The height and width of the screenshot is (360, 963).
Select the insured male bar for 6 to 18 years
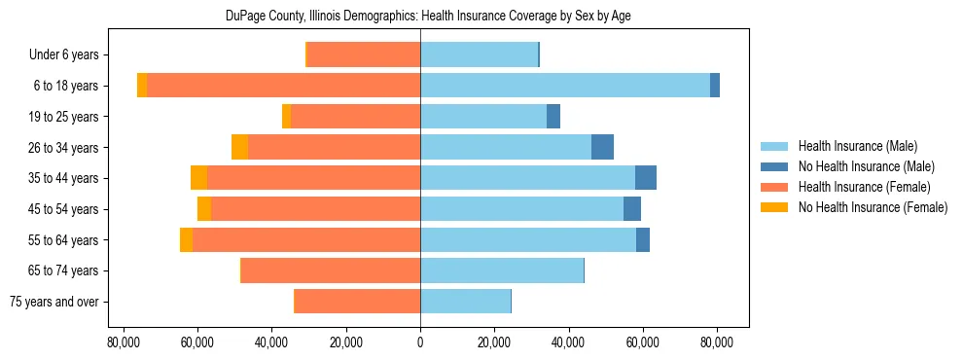564,86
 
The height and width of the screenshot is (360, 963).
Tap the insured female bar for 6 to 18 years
283,86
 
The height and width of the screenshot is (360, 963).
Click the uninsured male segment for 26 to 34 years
602,147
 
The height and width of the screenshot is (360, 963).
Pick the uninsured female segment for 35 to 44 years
198,178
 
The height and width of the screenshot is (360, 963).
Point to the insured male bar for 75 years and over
465,302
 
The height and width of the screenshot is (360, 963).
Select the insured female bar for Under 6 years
363,54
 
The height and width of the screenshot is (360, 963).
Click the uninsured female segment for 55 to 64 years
186,239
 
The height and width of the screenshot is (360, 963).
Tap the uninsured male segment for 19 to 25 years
553,117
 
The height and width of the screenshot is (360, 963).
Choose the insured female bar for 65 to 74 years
331,270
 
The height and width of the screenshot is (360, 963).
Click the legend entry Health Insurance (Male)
857,146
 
